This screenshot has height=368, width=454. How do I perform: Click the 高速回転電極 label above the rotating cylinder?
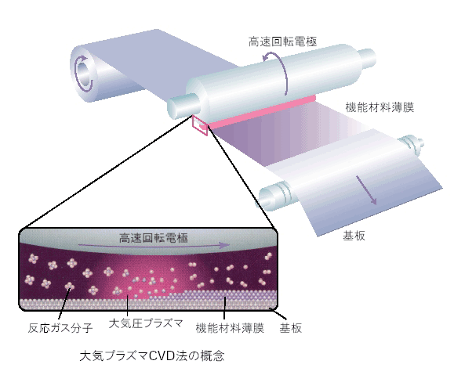click(x=282, y=41)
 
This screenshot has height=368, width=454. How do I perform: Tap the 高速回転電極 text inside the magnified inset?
click(x=154, y=238)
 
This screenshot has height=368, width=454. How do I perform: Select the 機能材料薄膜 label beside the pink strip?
click(x=380, y=107)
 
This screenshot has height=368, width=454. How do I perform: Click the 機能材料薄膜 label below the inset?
click(x=230, y=328)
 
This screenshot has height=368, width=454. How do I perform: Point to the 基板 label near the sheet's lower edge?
click(x=354, y=236)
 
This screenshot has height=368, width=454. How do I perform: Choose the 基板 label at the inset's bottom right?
click(x=290, y=328)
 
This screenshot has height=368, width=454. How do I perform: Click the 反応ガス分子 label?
click(x=60, y=328)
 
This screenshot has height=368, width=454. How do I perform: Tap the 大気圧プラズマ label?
click(x=146, y=323)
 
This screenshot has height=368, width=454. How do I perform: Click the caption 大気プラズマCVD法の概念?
click(x=152, y=355)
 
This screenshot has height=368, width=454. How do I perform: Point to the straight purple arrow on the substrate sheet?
click(x=366, y=190)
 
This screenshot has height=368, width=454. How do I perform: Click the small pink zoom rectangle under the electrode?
click(x=200, y=125)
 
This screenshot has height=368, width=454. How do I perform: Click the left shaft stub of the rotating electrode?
click(x=183, y=106)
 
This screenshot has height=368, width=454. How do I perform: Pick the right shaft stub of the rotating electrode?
click(x=368, y=59)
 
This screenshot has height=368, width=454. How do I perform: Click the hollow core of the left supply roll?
click(x=84, y=74)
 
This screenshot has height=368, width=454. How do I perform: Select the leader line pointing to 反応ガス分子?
click(x=64, y=304)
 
